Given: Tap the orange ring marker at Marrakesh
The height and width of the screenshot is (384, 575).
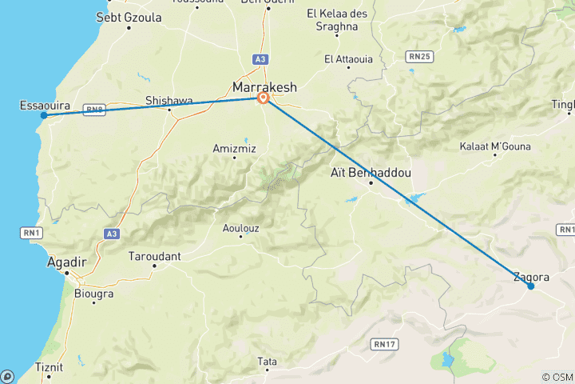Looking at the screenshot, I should point(263,98).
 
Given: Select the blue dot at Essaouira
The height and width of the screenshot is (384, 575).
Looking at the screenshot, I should point(44,115).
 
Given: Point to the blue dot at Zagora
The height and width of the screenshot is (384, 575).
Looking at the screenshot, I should point(530,286).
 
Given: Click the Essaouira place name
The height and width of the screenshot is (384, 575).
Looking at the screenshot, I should point(45,105).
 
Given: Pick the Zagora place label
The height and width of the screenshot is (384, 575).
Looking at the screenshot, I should point(531,277).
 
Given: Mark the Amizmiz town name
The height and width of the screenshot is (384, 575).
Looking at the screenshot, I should point(233,148).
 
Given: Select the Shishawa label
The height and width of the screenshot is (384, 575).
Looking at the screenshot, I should point(169,100).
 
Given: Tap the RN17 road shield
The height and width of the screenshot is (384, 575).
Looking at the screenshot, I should point(383,343).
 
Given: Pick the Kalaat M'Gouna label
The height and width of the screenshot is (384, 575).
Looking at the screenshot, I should point(490,146).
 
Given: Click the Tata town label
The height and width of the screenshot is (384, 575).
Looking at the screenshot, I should point(267,362).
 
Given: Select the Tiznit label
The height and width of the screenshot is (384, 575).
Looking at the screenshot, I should point(49,367).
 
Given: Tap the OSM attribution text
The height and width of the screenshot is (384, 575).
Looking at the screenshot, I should point(557,378).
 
